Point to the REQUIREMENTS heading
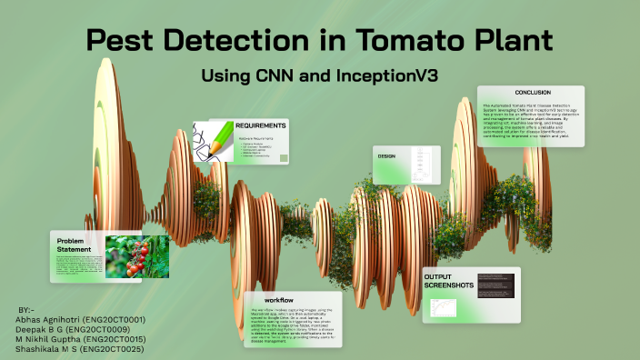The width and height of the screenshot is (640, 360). click(261, 125)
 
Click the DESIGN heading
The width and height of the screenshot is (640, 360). click(386, 156)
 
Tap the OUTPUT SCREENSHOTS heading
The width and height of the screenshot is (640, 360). click(449, 281)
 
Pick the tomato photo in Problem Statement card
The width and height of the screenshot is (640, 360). click(136, 256)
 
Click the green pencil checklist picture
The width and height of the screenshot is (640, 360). click(213, 143)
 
